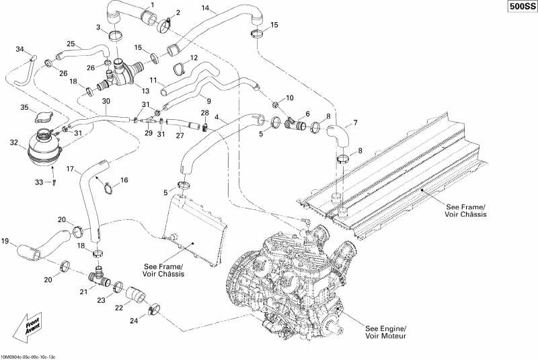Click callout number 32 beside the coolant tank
click(x=13, y=143)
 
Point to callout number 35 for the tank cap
click(x=24, y=108)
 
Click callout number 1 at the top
click(x=151, y=5)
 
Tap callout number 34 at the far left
click(x=20, y=48)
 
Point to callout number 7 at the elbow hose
click(x=356, y=123)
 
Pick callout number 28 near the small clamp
click(x=204, y=112)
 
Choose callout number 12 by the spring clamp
click(x=194, y=58)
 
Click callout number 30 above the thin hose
click(x=106, y=101)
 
